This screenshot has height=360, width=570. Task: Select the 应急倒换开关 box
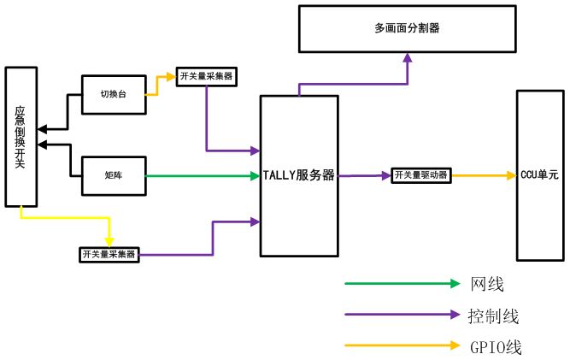(x=21, y=137)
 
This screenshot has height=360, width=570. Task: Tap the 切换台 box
(x=114, y=94)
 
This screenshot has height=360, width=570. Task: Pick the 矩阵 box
(x=114, y=176)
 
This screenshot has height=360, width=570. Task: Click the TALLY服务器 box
(x=298, y=176)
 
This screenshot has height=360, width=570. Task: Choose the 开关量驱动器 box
(x=420, y=175)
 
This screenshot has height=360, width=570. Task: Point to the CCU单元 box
(x=539, y=175)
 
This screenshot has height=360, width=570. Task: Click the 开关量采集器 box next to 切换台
(x=205, y=76)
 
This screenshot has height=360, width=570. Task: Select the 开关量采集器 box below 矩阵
(x=109, y=254)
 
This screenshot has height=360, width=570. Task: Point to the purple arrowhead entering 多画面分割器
(x=408, y=57)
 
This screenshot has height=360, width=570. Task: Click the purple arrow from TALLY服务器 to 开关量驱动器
(x=364, y=175)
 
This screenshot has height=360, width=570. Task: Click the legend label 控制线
(x=493, y=316)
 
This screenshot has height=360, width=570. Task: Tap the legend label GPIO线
(x=495, y=347)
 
